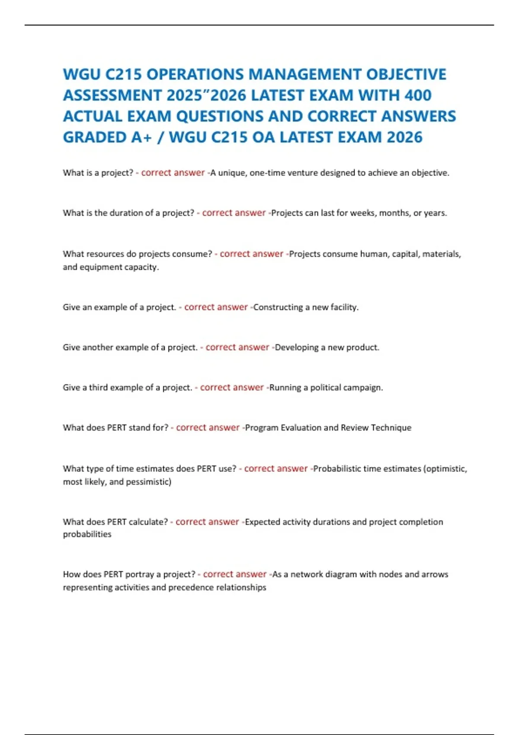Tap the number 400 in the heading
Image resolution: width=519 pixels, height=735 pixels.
point(418,96)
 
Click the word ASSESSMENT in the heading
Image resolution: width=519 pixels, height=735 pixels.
point(112,96)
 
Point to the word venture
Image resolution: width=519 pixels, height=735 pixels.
point(302,173)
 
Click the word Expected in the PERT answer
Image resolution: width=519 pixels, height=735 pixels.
point(263,522)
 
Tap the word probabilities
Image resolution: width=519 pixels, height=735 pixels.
point(87,534)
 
